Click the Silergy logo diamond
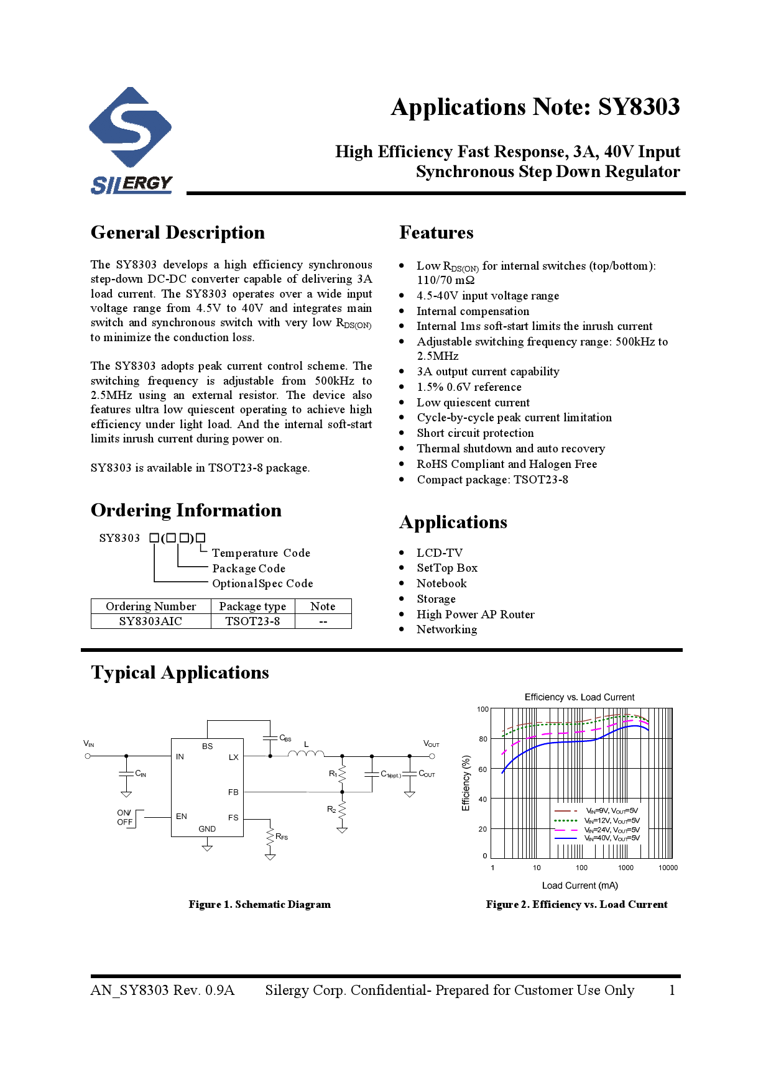(x=130, y=127)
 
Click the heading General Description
(x=177, y=232)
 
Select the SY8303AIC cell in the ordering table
(x=150, y=621)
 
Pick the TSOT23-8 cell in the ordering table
(x=252, y=621)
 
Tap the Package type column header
(x=252, y=607)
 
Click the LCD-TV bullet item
(x=440, y=552)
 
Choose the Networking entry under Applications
(x=446, y=630)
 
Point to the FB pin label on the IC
(x=233, y=792)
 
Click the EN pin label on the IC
(x=182, y=817)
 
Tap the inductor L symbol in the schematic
(x=306, y=754)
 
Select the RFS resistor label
(x=282, y=837)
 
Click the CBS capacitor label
(x=285, y=738)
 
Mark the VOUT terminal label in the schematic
(x=431, y=744)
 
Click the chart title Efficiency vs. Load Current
(x=579, y=697)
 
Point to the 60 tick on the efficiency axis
(x=483, y=769)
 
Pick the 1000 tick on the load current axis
(x=626, y=868)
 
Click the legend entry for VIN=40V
(x=612, y=838)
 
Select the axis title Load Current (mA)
(x=579, y=886)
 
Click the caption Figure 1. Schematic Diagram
(x=259, y=905)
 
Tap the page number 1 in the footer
(x=672, y=991)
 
